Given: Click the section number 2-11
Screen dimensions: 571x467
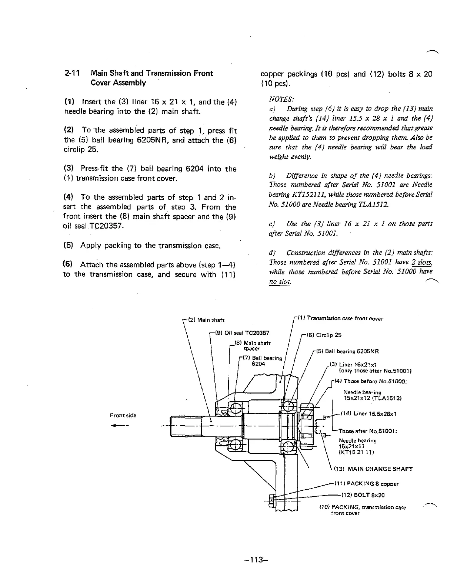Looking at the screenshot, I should click(70, 73).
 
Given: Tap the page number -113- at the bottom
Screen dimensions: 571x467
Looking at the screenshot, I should click(254, 560).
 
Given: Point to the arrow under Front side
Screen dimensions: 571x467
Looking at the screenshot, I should click(119, 426).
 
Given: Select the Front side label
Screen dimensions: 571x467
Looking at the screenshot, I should click(123, 415).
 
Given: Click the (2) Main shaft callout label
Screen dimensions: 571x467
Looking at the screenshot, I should click(206, 320).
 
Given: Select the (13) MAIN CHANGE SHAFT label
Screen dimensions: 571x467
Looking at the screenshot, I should click(373, 469).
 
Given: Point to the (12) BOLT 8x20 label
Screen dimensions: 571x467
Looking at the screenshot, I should click(360, 495).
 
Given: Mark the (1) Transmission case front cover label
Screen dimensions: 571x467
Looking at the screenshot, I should click(340, 318).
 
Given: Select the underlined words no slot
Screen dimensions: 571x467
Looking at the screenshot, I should click(280, 282).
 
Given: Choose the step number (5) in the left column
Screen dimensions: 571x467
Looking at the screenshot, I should click(69, 246).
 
